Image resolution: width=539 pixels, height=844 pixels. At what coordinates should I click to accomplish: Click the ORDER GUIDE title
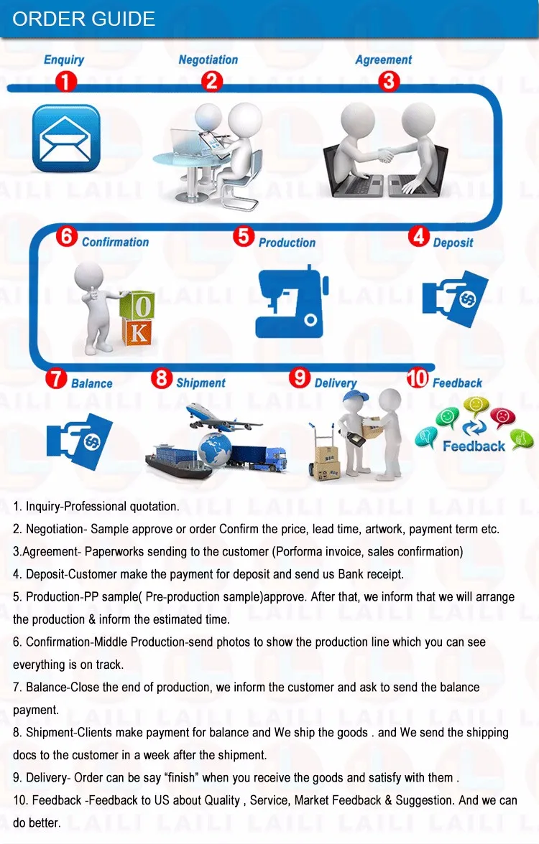[83, 19]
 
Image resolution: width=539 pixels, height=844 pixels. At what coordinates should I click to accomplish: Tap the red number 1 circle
[66, 82]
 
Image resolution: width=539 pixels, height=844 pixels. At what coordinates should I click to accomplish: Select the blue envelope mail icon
[66, 139]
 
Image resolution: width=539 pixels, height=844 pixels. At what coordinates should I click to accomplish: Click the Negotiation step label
[208, 60]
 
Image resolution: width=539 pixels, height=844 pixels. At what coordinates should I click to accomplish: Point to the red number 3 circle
[389, 81]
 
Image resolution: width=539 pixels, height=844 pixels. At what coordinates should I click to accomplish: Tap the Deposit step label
[453, 243]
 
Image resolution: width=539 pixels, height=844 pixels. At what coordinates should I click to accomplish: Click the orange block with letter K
[137, 332]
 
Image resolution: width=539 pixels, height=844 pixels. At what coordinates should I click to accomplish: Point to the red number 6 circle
[67, 236]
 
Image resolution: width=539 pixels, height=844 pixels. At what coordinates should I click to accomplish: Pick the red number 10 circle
[418, 378]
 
